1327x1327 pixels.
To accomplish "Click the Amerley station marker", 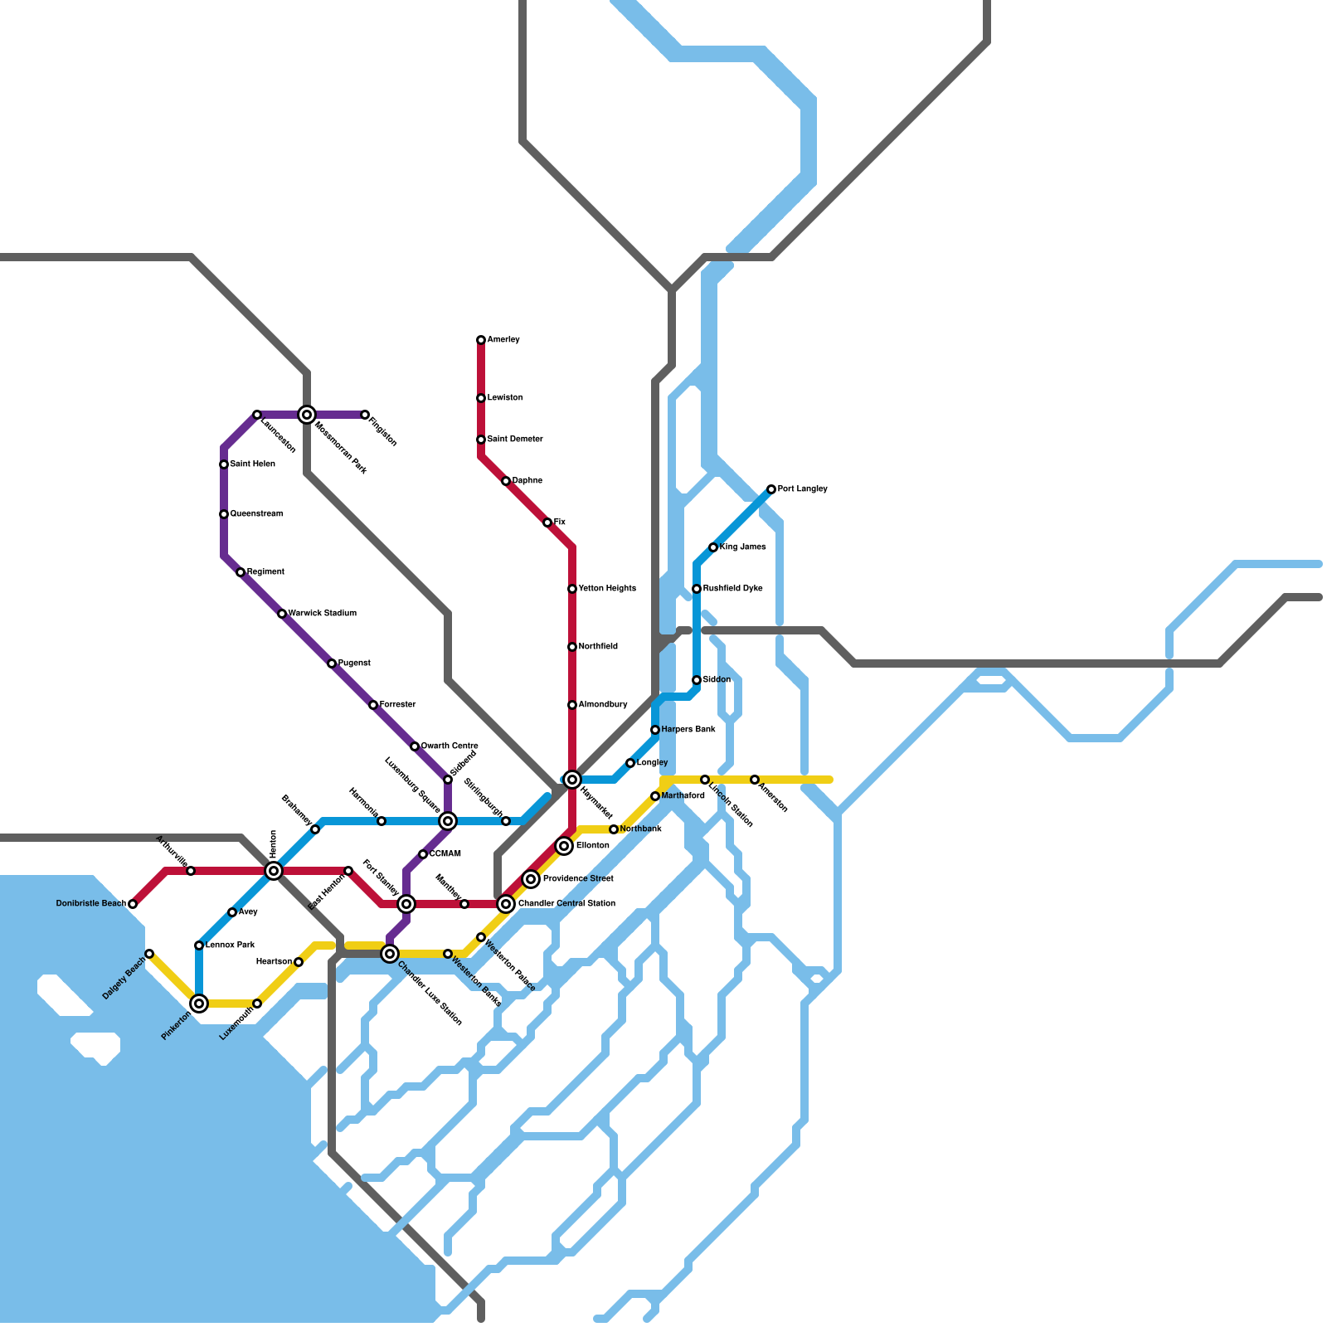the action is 481,340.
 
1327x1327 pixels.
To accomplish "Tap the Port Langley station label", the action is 802,489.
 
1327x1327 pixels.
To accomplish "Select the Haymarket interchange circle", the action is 572,780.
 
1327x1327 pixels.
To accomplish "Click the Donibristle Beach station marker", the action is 133,904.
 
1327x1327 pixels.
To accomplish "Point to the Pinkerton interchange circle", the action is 199,1004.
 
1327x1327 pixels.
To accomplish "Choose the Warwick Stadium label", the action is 322,614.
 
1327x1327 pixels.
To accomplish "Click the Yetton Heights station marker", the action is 572,589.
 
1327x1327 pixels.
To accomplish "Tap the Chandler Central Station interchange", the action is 506,904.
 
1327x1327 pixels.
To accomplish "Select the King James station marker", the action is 713,547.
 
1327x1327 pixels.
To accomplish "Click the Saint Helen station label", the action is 252,464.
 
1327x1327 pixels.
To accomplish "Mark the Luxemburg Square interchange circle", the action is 448,821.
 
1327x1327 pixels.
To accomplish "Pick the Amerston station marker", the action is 755,780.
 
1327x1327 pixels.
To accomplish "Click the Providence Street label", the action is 578,879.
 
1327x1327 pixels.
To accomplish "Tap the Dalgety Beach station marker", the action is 149,954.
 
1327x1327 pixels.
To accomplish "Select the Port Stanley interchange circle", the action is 406,904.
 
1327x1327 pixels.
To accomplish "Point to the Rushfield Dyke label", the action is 732,589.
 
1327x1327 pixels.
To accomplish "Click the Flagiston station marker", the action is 365,415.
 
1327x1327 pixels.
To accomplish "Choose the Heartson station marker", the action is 299,962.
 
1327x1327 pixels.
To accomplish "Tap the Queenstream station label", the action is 256,514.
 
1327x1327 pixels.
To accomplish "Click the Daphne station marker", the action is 506,481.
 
